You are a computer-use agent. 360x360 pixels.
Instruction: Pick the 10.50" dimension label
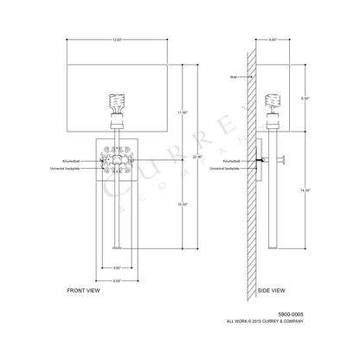(183, 203)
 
